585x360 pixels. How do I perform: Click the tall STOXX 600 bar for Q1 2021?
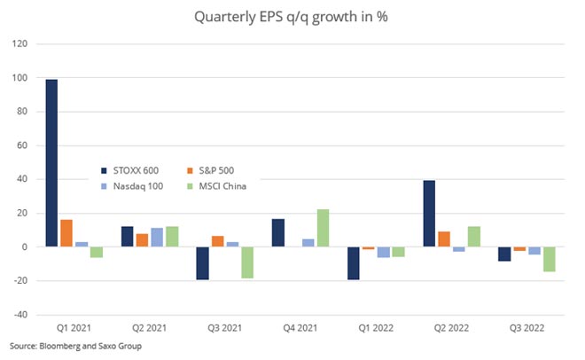(51, 163)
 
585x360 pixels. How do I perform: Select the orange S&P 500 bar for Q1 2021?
(66, 233)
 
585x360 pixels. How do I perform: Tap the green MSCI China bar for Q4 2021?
(323, 228)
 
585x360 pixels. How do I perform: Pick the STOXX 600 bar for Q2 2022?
(429, 214)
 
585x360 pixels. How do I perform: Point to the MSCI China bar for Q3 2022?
(549, 259)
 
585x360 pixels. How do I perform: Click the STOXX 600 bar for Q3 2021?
(202, 263)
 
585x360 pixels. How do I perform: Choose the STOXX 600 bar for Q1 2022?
(354, 263)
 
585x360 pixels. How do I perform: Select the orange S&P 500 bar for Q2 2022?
(444, 239)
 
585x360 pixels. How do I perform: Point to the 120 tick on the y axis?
(20, 44)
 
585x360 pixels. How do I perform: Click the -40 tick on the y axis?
(20, 315)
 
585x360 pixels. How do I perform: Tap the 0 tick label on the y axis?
(25, 247)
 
